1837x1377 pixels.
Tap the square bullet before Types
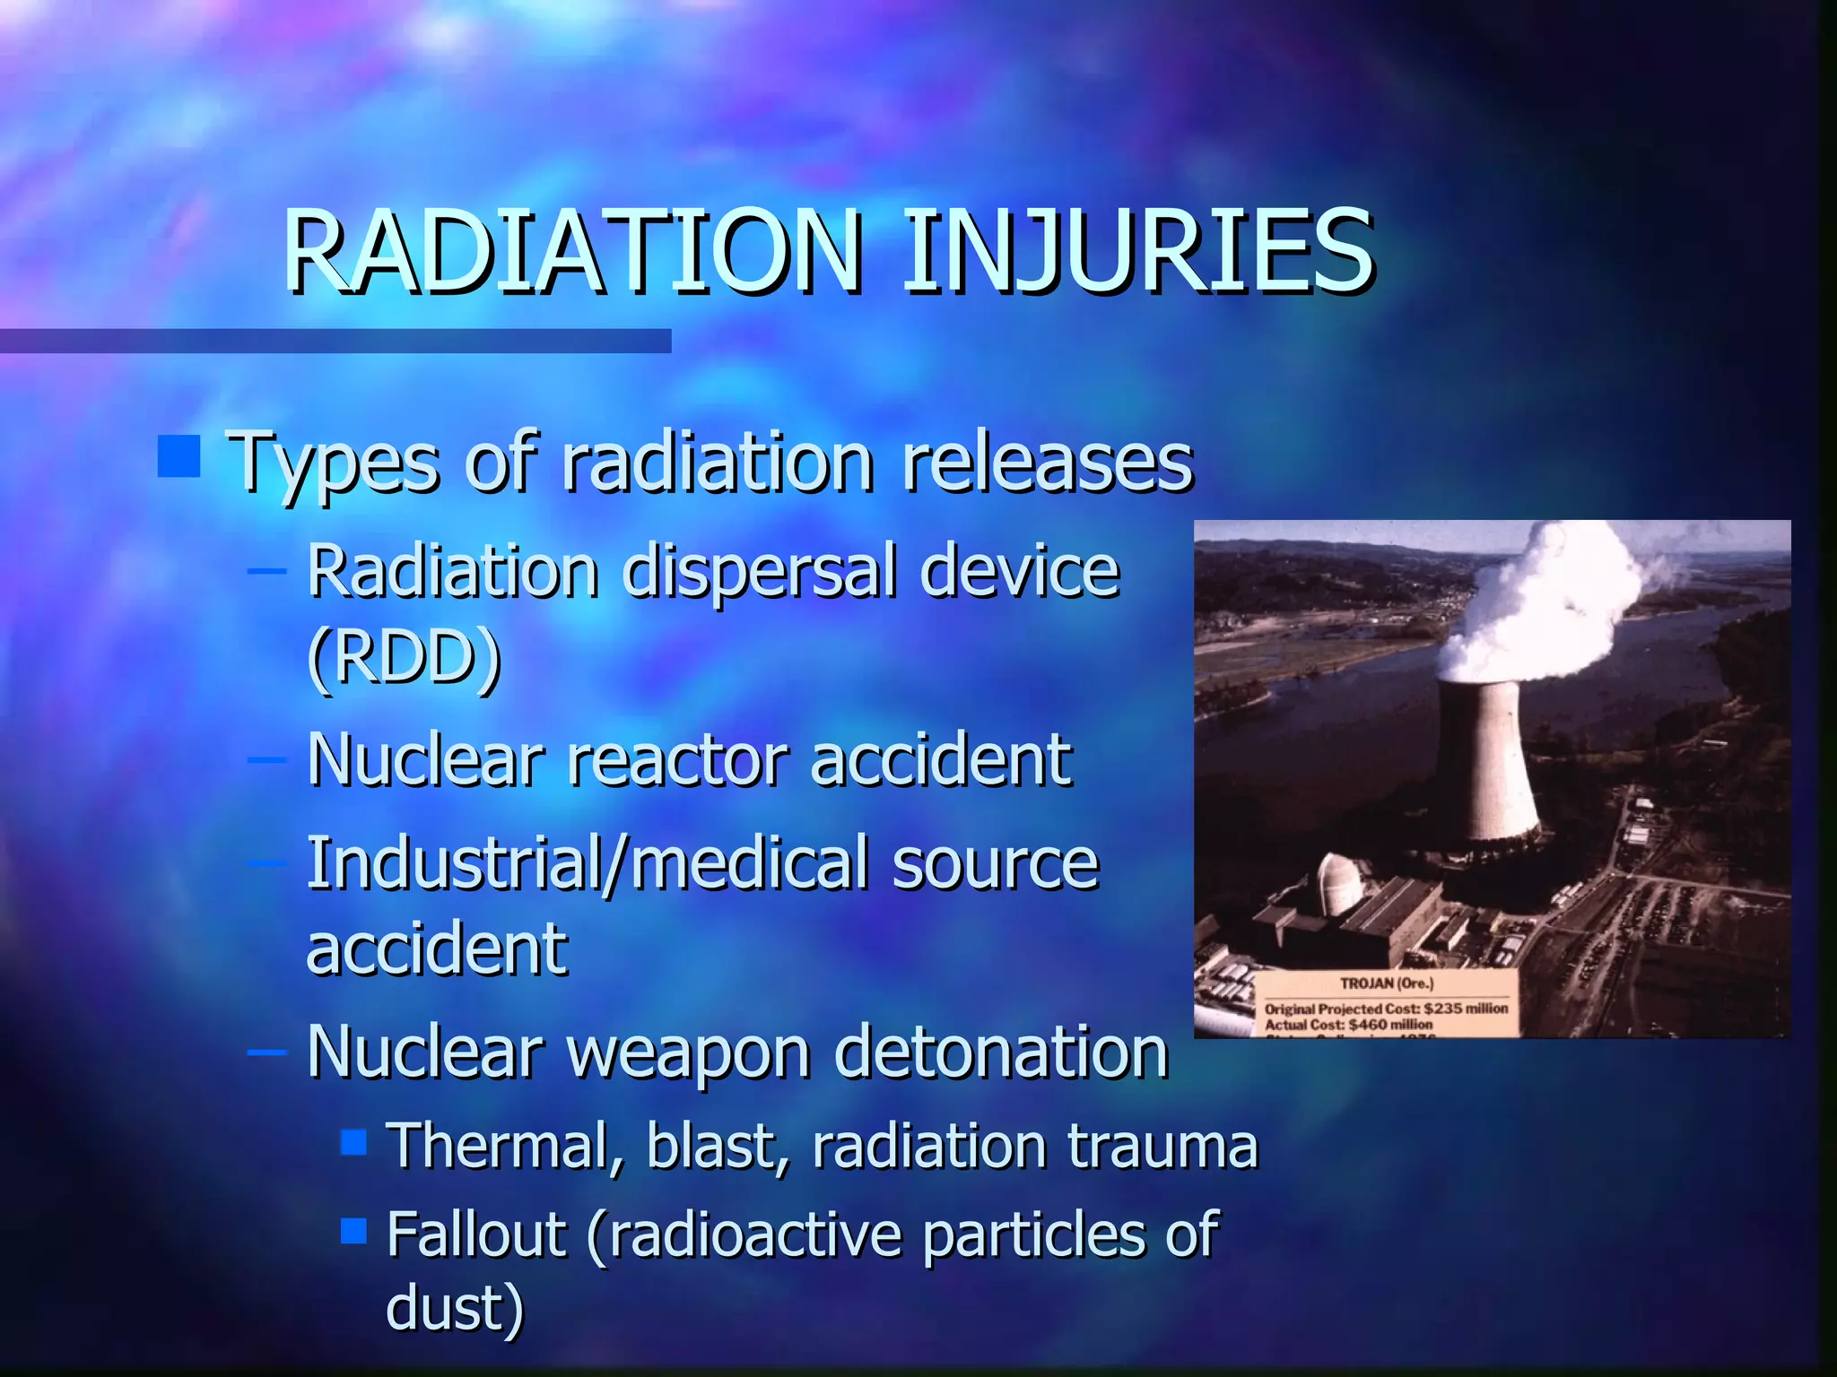pyautogui.click(x=178, y=456)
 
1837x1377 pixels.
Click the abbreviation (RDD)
pyautogui.click(x=404, y=657)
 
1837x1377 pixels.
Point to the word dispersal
pyautogui.click(x=758, y=571)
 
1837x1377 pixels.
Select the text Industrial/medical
pyautogui.click(x=588, y=863)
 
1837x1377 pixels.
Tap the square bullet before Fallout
pyautogui.click(x=354, y=1231)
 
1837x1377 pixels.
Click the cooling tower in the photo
pyautogui.click(x=1485, y=762)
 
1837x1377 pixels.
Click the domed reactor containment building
pyautogui.click(x=1343, y=882)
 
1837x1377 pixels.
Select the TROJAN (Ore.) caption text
pyautogui.click(x=1387, y=983)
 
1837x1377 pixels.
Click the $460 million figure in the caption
pyautogui.click(x=1390, y=1024)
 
